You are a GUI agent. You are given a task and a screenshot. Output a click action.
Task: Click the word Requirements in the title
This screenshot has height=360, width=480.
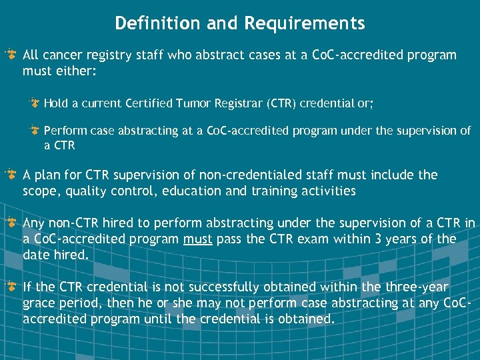(305, 23)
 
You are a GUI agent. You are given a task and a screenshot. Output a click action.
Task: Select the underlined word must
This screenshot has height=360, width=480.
(199, 239)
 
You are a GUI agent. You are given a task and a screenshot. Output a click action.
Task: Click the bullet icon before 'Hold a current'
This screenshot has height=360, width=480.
(35, 103)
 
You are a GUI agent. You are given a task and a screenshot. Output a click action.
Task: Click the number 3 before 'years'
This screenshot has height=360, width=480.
(382, 239)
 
